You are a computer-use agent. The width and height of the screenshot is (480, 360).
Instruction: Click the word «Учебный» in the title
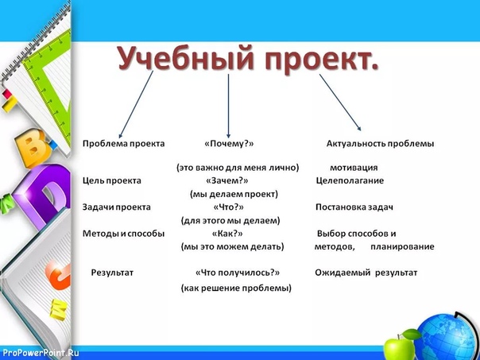click(186, 59)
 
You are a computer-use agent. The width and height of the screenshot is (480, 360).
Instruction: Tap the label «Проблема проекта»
click(124, 144)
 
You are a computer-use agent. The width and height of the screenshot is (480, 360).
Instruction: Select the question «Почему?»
click(229, 144)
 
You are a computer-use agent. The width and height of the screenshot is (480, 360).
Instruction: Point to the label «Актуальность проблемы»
click(380, 144)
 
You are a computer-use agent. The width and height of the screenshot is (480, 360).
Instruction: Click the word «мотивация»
click(354, 168)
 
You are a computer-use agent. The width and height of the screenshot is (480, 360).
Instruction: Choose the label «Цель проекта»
click(112, 180)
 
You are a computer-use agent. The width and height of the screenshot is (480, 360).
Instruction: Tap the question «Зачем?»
click(227, 180)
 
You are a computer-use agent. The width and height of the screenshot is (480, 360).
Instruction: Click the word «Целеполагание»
click(350, 180)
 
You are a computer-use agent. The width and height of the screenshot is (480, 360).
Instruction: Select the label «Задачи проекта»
click(117, 207)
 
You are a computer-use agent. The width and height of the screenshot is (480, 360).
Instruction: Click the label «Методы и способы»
click(124, 234)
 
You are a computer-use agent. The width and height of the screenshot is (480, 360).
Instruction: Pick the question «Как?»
click(227, 234)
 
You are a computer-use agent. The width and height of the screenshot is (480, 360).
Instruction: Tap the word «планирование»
click(402, 246)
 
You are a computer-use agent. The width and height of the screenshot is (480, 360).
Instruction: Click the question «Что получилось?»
click(238, 273)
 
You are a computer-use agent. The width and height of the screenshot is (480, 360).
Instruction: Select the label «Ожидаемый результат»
click(366, 273)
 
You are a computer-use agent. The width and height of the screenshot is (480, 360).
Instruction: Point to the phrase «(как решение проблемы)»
click(236, 288)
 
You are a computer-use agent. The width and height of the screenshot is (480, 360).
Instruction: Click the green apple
click(399, 346)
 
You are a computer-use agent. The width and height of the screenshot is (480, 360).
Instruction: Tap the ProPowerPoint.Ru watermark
click(40, 353)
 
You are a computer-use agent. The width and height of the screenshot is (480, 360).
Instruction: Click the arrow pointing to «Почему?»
click(228, 106)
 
